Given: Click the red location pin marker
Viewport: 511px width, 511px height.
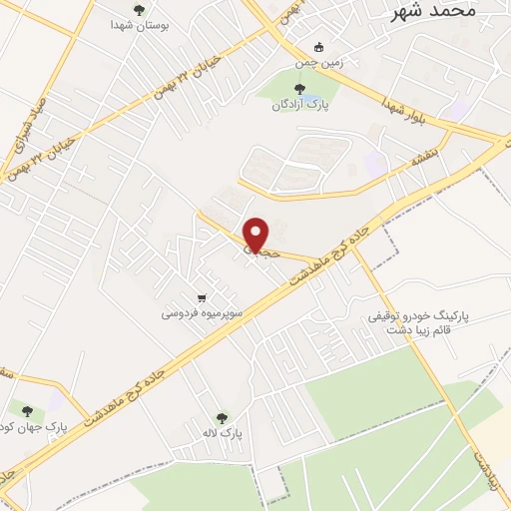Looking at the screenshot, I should pyautogui.click(x=256, y=235).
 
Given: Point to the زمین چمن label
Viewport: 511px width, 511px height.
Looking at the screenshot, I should pyautogui.click(x=317, y=63).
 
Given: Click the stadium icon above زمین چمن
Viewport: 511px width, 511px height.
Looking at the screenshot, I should pyautogui.click(x=318, y=46).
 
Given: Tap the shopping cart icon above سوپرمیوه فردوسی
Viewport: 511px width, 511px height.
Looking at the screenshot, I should pyautogui.click(x=202, y=296).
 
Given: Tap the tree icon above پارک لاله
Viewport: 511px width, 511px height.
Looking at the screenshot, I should pyautogui.click(x=222, y=418).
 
